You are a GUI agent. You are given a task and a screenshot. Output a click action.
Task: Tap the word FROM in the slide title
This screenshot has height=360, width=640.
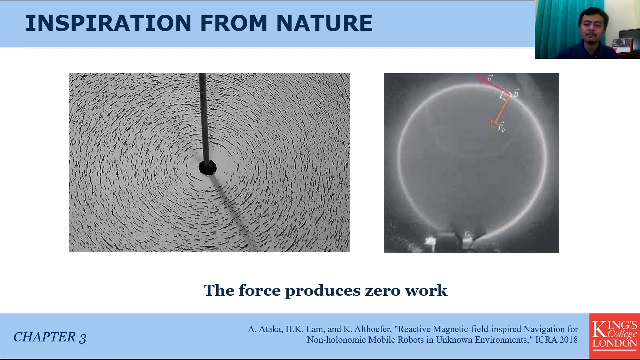click(233, 23)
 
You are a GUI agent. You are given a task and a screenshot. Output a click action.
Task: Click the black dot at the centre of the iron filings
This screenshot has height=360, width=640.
click(207, 168)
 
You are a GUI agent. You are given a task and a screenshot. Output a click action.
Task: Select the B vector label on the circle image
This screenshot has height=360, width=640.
click(516, 94)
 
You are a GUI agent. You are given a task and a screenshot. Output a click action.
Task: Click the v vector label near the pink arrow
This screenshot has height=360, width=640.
click(490, 79)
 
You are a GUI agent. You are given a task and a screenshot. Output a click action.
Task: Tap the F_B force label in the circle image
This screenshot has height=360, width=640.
click(501, 128)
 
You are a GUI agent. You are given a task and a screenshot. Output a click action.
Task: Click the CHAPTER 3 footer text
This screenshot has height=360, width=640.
click(50, 337)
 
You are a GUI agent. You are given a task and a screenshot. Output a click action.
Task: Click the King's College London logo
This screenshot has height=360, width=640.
click(614, 335)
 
